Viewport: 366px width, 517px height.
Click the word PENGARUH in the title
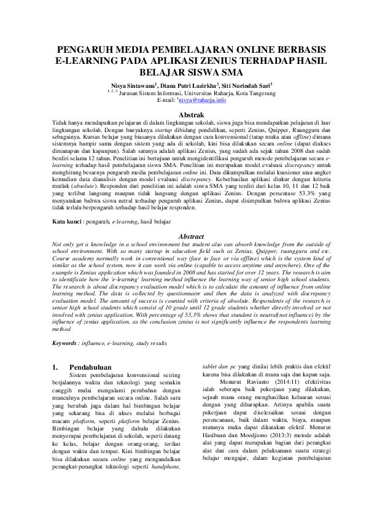click(x=83, y=50)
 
